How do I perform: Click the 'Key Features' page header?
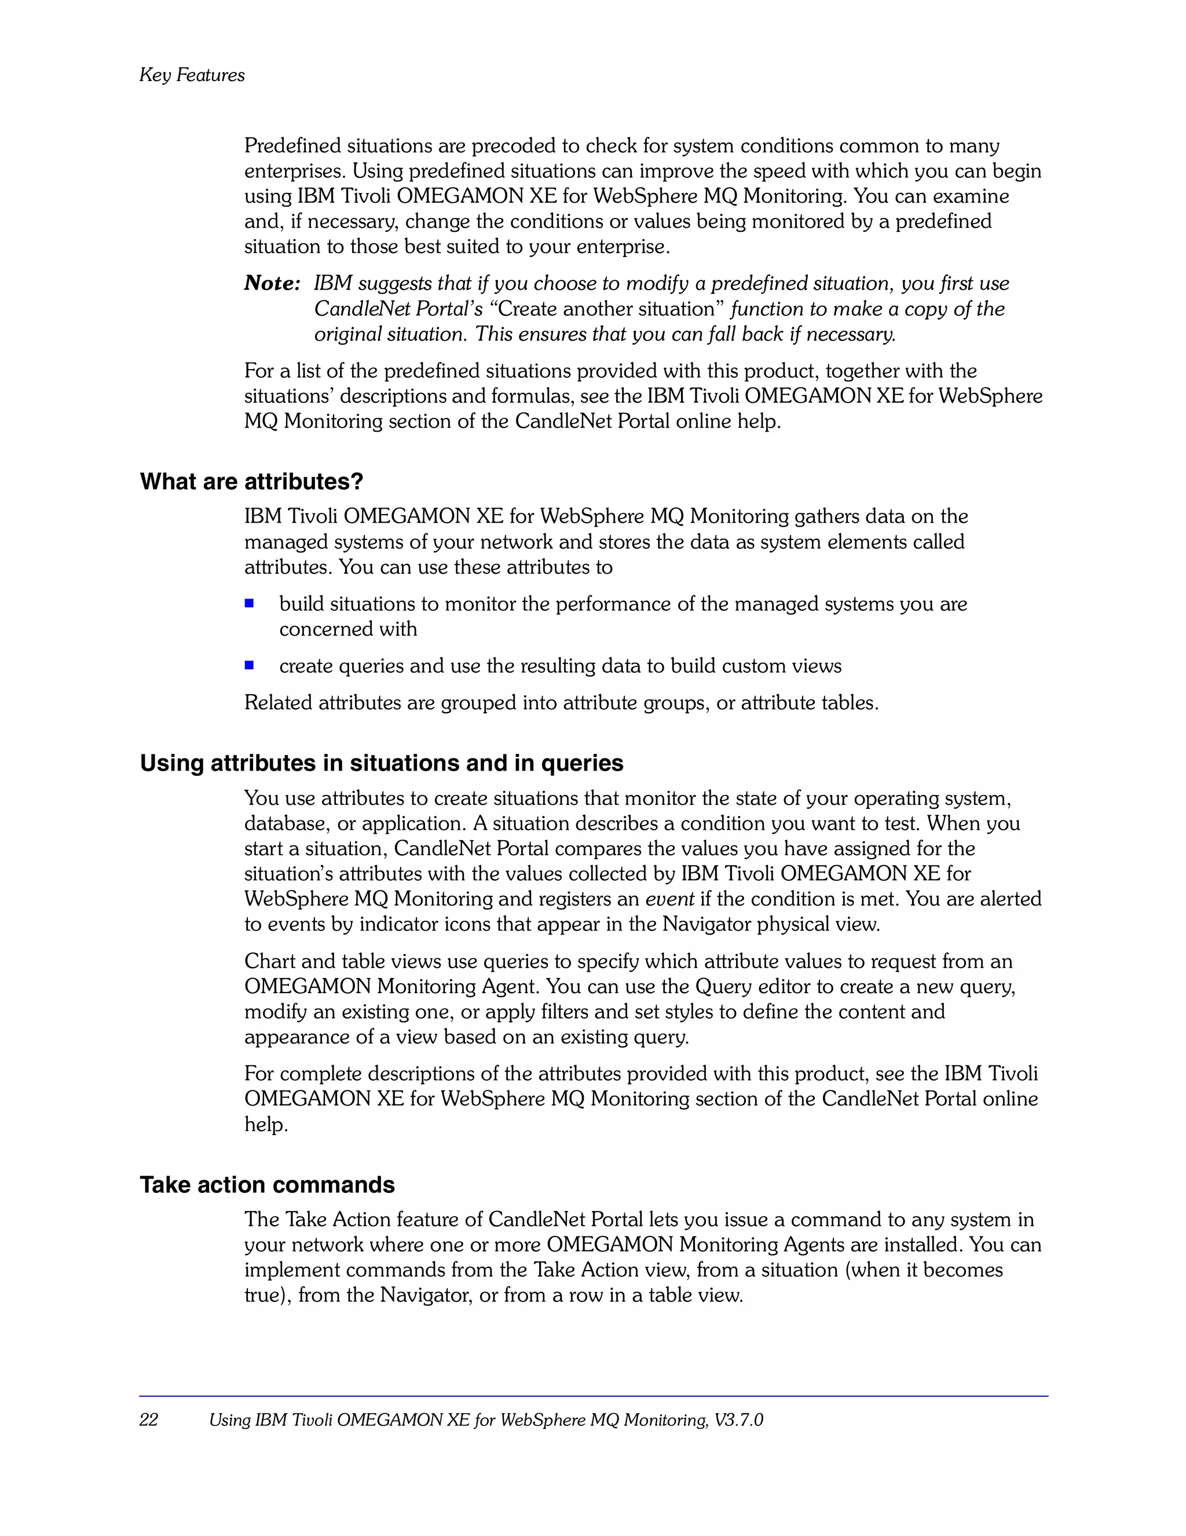click(192, 75)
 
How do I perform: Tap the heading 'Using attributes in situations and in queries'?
click(382, 763)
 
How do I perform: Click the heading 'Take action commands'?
click(267, 1185)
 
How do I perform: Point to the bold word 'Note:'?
click(272, 283)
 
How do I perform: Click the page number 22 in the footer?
click(149, 1420)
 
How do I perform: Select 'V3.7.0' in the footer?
click(738, 1420)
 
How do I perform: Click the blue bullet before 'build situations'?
click(249, 603)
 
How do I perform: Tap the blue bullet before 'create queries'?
click(249, 665)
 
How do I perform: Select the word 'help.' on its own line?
click(266, 1125)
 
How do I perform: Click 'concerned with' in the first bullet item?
click(348, 629)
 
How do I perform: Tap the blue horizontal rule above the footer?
click(594, 1396)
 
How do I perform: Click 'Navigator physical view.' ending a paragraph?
click(771, 924)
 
